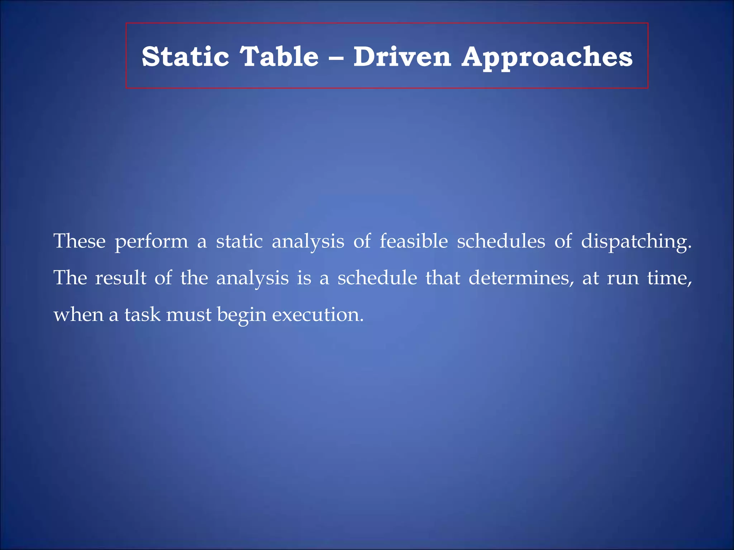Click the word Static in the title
[x=185, y=57]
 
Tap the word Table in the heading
[x=279, y=57]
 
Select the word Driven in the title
[x=402, y=57]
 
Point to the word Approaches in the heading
[x=547, y=57]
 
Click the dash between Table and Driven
[x=336, y=57]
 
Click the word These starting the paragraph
[x=80, y=241]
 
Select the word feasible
[x=414, y=241]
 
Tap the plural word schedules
[x=501, y=241]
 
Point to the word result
[x=121, y=278]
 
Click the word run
[x=623, y=279]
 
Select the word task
[x=142, y=315]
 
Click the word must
[x=189, y=315]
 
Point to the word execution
[x=318, y=315]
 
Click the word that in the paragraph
[x=443, y=278]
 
